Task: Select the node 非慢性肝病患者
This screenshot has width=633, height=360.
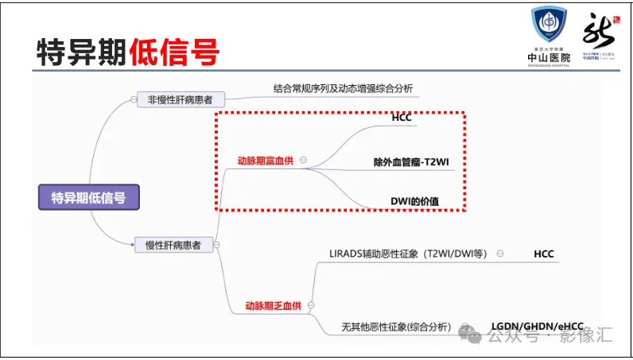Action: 181,99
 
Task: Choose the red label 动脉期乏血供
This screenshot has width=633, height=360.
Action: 272,306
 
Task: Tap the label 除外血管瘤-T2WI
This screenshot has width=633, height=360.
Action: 412,162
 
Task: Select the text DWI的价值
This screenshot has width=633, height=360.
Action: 414,201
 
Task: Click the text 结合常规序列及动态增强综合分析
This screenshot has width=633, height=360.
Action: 343,87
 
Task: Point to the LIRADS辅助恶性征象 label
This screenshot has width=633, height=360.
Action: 407,254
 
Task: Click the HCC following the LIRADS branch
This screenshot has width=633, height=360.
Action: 544,254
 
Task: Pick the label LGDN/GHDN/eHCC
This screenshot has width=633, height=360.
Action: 537,327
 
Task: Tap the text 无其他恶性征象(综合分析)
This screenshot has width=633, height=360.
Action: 396,327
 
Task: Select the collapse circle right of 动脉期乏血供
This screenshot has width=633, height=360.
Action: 311,306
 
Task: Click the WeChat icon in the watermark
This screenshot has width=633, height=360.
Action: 474,337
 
